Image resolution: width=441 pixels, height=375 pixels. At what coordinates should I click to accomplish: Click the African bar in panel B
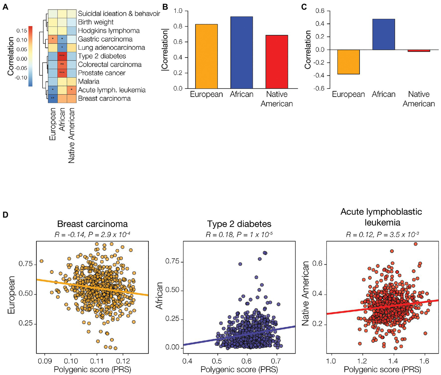click(242, 52)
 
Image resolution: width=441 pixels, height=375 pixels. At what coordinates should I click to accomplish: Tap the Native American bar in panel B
click(277, 62)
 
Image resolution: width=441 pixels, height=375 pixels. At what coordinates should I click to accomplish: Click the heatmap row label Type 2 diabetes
click(102, 56)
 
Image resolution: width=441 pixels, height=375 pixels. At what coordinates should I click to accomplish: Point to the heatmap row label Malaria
click(88, 81)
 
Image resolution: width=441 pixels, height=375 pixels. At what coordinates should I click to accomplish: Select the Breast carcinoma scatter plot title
click(92, 224)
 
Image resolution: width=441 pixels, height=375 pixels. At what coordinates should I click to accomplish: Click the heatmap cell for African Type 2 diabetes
click(62, 56)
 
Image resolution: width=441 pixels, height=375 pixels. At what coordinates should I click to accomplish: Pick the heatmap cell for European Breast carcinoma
click(53, 98)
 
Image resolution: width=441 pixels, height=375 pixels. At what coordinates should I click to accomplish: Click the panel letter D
click(5, 215)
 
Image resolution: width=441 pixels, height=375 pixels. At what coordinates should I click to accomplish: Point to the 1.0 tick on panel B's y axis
click(178, 11)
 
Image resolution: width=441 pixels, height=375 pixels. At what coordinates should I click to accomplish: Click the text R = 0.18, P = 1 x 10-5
click(239, 235)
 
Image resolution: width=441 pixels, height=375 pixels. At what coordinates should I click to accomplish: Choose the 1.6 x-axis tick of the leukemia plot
click(424, 361)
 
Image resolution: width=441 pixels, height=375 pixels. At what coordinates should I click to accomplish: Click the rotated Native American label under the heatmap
click(71, 135)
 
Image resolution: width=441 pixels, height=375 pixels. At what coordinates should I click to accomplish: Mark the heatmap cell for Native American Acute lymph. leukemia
click(72, 90)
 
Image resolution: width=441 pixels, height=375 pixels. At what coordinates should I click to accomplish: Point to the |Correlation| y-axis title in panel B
click(165, 49)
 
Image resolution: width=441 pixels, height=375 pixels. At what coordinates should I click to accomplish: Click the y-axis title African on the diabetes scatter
click(159, 295)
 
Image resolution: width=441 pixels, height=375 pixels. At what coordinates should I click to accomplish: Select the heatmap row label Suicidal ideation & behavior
click(119, 14)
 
